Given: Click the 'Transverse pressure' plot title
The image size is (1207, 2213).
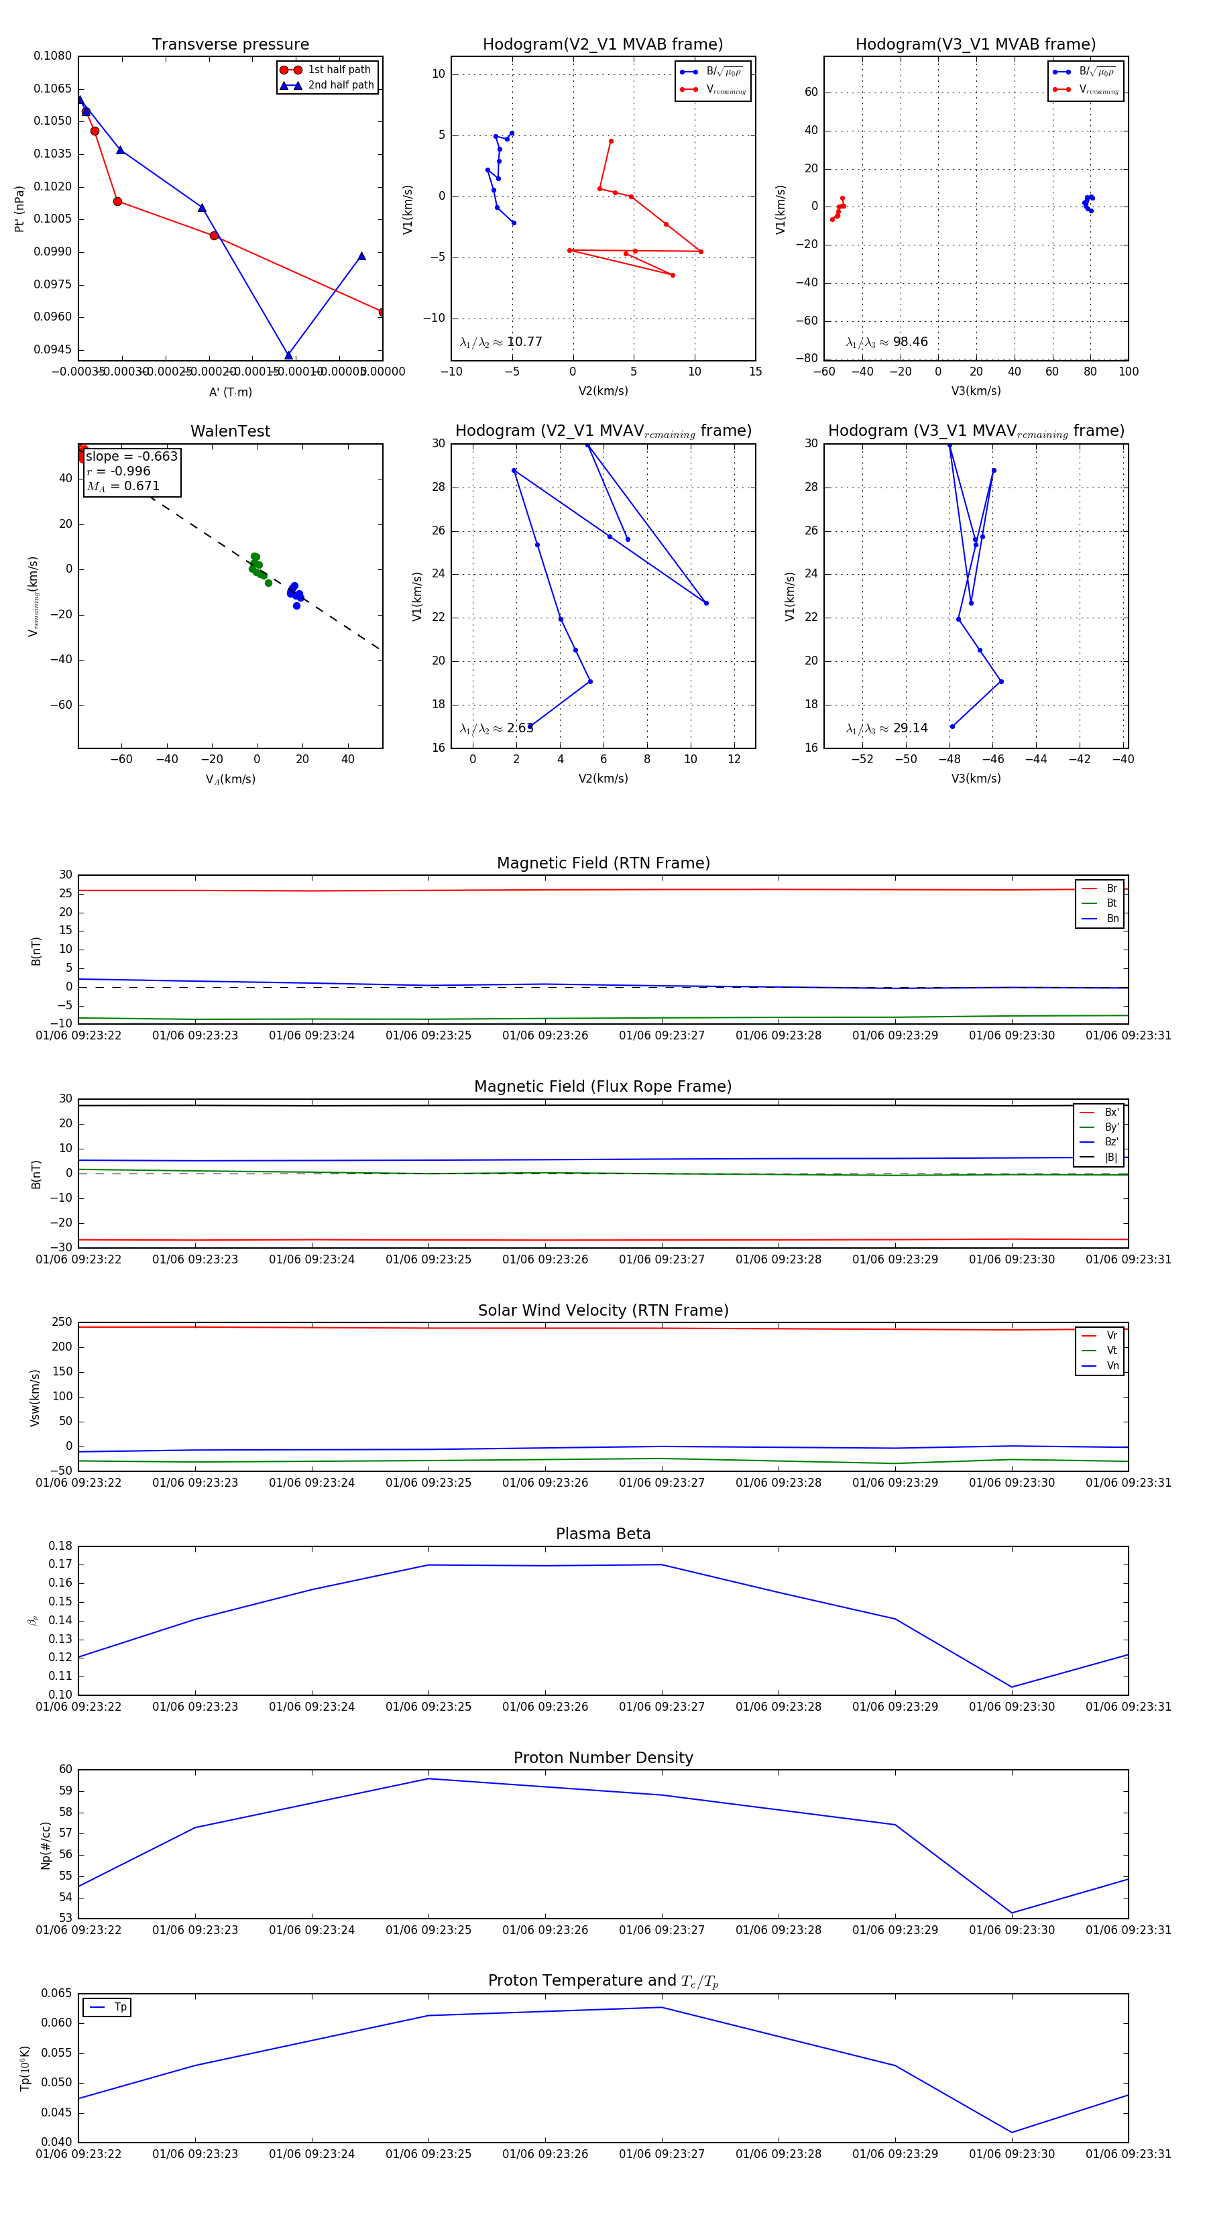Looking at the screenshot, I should (x=230, y=45).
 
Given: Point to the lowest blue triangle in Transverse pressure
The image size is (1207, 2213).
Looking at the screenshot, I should (x=288, y=355).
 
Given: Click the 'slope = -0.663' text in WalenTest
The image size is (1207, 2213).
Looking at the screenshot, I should (x=131, y=456).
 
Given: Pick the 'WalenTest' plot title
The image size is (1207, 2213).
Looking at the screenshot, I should (x=230, y=431).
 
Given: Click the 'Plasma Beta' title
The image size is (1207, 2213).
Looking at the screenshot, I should (x=603, y=1534).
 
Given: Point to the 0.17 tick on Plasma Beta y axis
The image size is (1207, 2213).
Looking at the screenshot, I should (x=60, y=1564).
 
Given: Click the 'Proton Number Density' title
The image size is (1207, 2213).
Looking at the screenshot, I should (x=603, y=1758).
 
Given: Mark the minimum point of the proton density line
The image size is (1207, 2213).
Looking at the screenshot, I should (x=1012, y=1913).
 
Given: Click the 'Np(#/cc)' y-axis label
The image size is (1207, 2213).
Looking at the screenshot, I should (x=46, y=1844).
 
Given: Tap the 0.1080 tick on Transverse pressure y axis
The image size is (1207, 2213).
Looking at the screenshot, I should (x=53, y=56).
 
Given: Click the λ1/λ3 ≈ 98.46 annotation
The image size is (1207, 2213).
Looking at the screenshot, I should (x=886, y=342).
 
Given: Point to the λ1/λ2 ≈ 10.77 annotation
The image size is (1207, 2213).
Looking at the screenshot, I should (x=501, y=342).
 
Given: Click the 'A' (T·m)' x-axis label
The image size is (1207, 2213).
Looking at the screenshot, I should (x=230, y=392).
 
